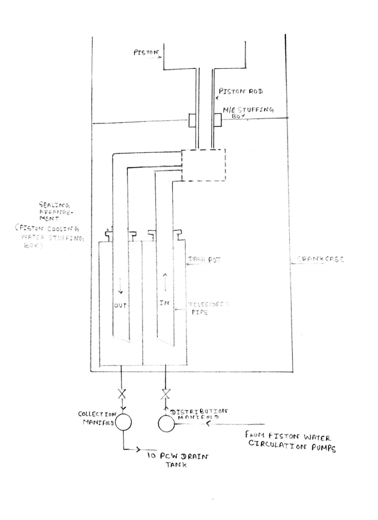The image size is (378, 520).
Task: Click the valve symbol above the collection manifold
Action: point(123,392)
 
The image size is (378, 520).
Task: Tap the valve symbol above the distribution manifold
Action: point(164,392)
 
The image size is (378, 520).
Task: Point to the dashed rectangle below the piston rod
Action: point(203,165)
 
